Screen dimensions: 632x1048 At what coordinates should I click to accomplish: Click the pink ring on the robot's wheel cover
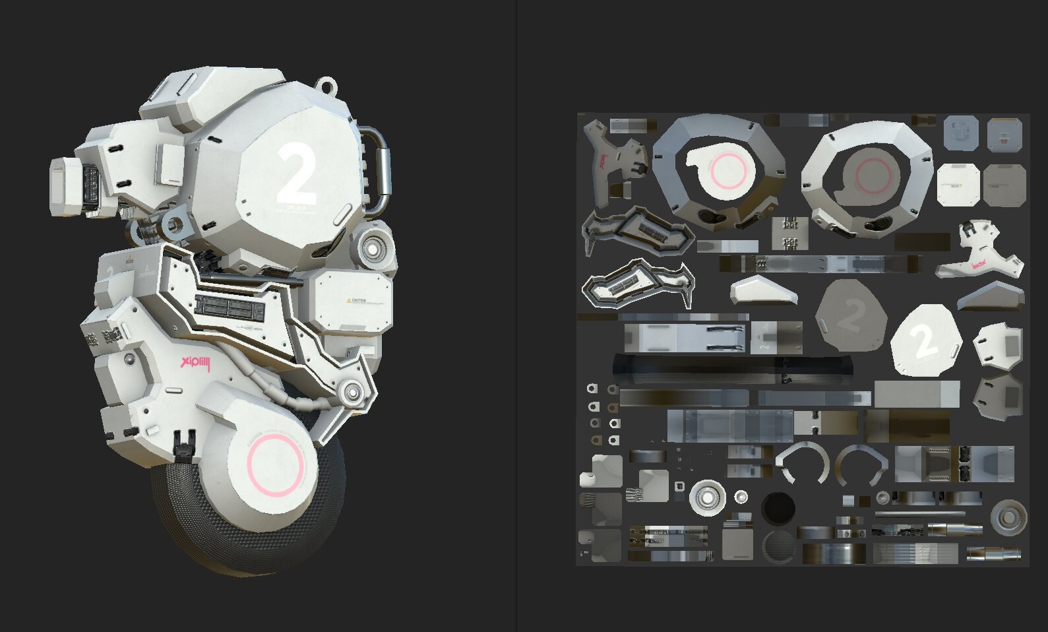275,466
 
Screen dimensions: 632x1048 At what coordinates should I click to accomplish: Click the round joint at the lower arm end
352,393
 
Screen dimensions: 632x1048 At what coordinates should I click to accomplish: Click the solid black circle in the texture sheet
778,509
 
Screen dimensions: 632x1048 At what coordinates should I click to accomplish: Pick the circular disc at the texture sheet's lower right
1008,517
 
